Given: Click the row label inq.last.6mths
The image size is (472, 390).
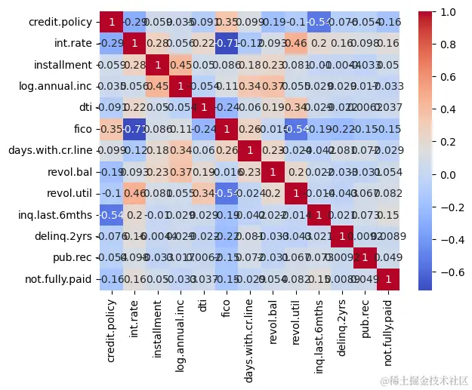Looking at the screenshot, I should [53, 216].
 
